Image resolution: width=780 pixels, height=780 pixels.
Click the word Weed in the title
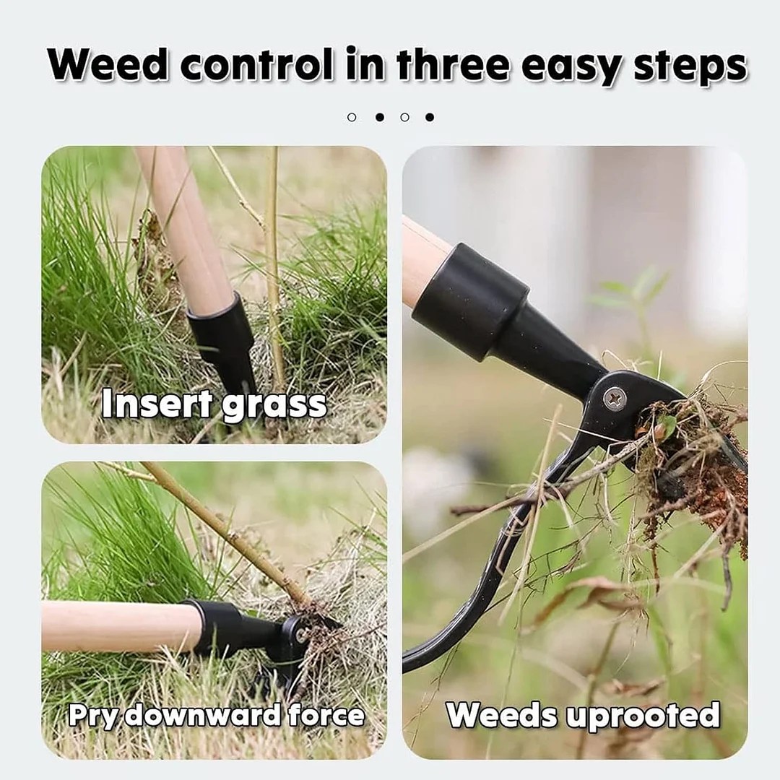click(x=108, y=66)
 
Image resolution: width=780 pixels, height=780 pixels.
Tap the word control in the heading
click(x=256, y=66)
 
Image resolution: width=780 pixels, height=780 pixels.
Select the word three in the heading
click(x=452, y=66)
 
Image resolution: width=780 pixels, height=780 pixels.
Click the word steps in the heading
click(x=690, y=67)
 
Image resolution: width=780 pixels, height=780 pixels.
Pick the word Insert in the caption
click(x=157, y=405)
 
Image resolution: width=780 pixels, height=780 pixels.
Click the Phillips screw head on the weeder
click(x=615, y=398)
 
